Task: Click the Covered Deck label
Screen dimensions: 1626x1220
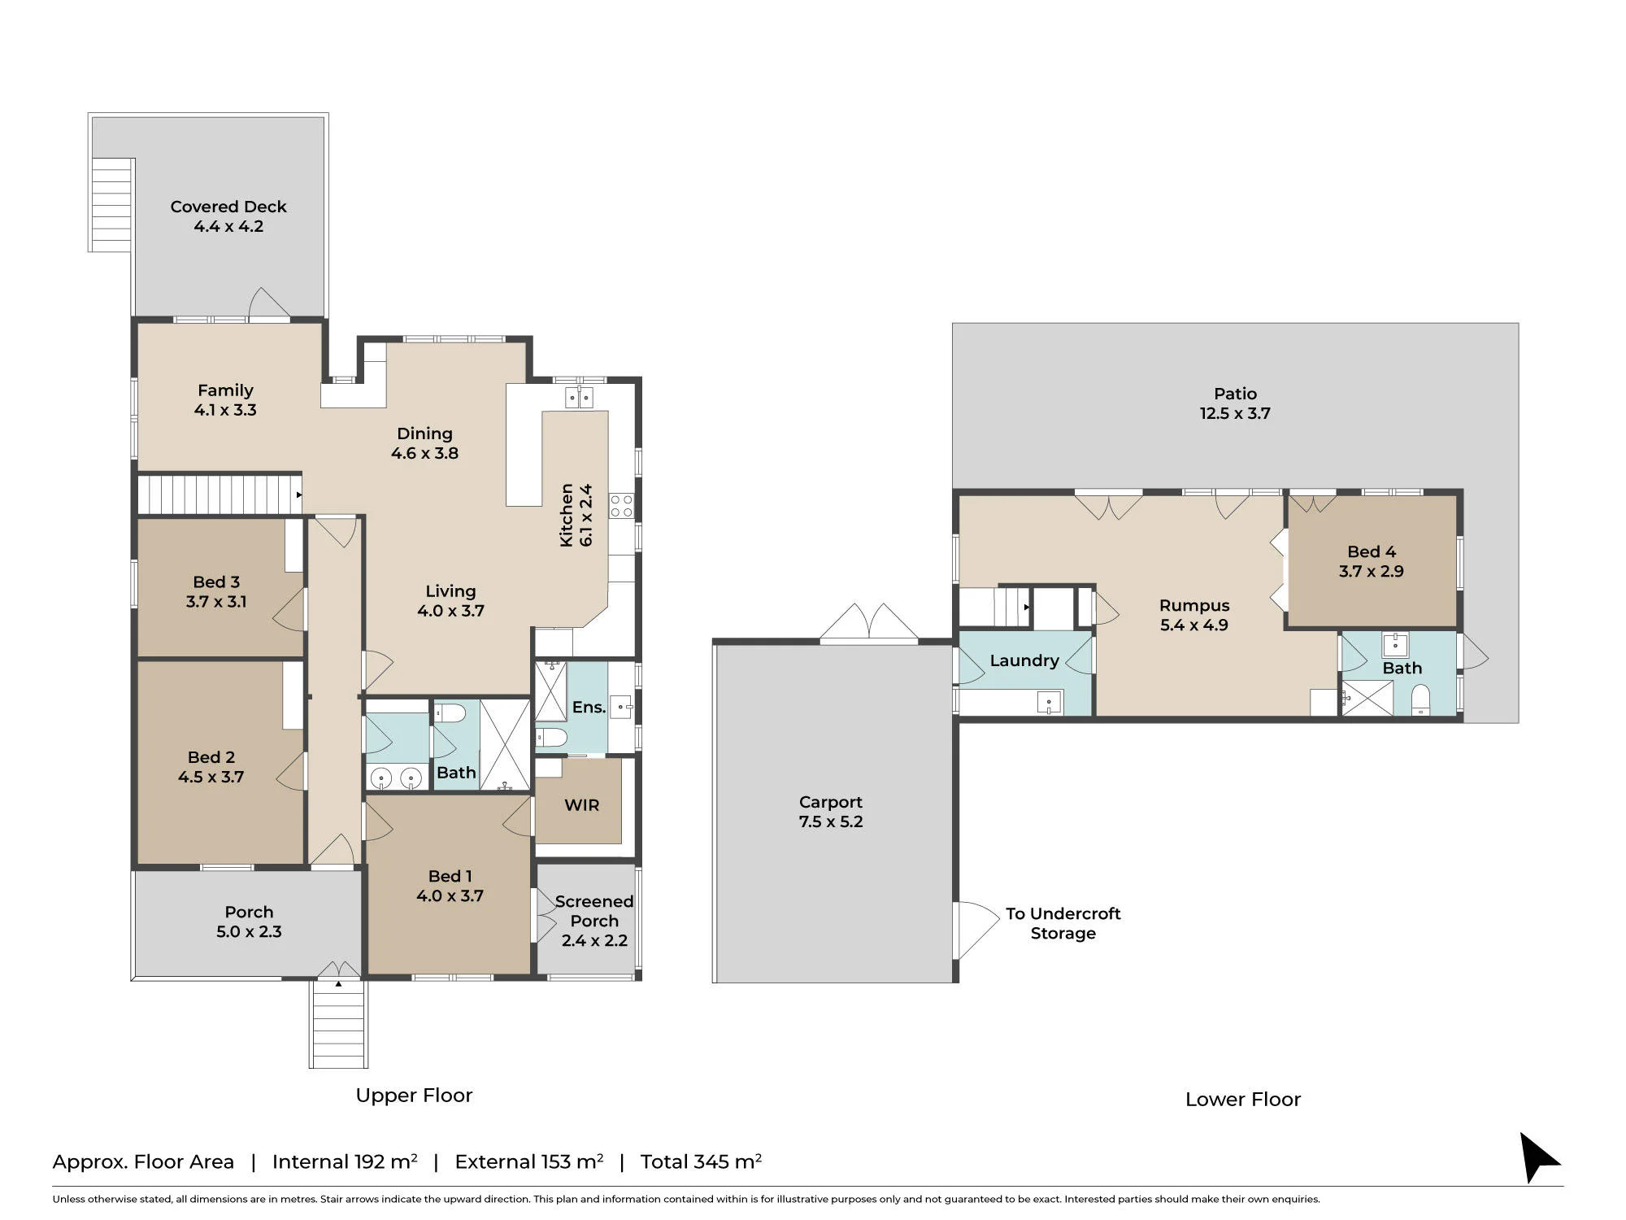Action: [228, 207]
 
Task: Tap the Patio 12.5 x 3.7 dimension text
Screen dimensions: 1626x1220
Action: [1235, 413]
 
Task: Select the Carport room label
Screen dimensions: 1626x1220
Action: [830, 802]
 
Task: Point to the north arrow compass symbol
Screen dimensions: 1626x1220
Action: [1538, 1157]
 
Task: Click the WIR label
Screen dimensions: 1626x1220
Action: [581, 805]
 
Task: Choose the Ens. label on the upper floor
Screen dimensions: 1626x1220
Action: [589, 708]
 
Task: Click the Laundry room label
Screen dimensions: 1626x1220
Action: [1024, 660]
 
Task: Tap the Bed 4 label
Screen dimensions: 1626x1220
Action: [1372, 551]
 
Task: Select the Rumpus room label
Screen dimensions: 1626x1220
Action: [1194, 606]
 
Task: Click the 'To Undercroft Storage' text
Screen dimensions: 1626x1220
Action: [1063, 923]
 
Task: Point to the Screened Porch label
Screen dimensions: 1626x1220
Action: [594, 911]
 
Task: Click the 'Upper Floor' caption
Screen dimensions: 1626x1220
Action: [414, 1096]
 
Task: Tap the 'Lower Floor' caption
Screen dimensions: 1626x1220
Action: [1243, 1100]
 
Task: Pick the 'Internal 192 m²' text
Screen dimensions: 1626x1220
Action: [345, 1161]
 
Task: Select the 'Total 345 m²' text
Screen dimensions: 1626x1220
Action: [701, 1161]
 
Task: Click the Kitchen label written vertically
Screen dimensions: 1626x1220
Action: [567, 515]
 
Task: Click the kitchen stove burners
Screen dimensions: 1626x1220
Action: [621, 505]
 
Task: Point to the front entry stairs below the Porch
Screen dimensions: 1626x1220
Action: [338, 1024]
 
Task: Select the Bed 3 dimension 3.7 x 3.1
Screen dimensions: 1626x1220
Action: [215, 602]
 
